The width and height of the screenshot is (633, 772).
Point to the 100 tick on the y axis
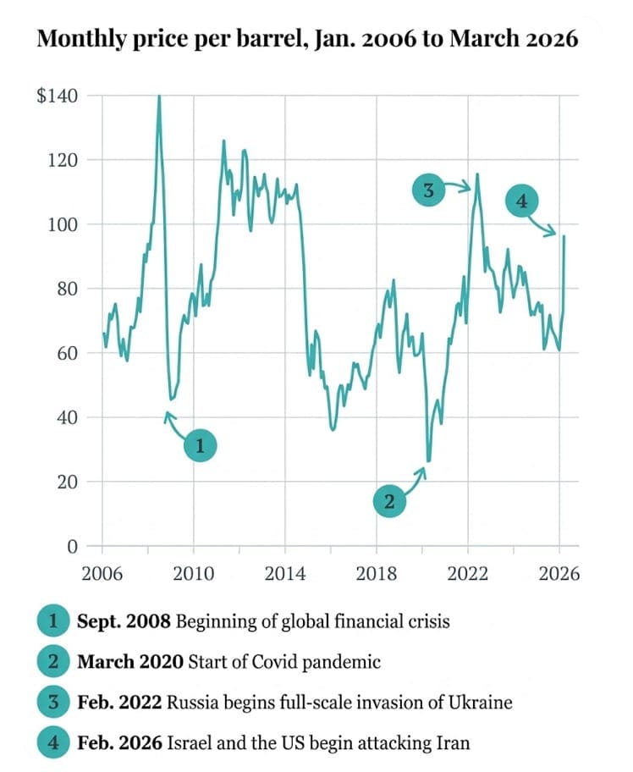68,224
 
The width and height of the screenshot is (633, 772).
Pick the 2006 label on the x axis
102,574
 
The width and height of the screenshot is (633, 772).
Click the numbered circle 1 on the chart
201,446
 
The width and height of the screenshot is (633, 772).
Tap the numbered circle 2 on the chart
389,501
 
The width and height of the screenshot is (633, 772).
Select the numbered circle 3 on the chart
428,191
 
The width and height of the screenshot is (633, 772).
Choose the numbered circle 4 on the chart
521,201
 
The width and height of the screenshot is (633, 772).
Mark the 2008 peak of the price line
159,97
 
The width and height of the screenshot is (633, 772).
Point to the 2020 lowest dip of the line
428,461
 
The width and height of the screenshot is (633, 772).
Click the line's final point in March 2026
564,237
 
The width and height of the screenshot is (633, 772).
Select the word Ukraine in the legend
484,703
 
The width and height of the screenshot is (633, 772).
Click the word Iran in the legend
453,743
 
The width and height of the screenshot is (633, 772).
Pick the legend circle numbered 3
52,703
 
